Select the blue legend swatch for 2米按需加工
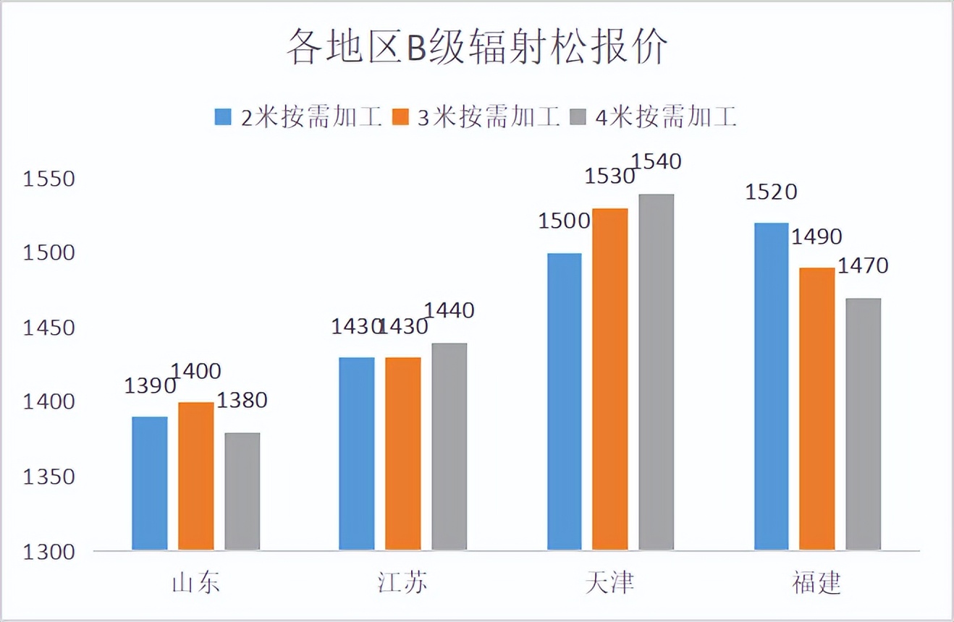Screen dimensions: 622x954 (x=223, y=117)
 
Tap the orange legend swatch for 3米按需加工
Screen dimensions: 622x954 (x=400, y=117)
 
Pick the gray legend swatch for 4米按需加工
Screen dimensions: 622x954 (x=578, y=117)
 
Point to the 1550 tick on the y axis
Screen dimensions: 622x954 (x=49, y=179)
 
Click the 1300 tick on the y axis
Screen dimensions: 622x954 (x=49, y=551)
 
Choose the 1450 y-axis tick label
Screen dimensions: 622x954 (x=49, y=328)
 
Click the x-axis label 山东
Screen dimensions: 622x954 (x=195, y=583)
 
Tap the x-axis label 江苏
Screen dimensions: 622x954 (x=402, y=583)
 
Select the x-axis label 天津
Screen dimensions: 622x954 (x=609, y=583)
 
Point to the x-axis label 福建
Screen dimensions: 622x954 (x=816, y=583)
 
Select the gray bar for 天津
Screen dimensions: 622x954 (x=657, y=372)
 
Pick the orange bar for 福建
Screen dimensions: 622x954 (x=817, y=409)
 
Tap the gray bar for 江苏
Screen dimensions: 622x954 (x=449, y=446)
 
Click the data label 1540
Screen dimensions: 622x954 (x=657, y=161)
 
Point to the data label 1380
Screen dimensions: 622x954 (x=242, y=400)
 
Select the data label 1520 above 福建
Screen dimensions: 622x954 (x=772, y=192)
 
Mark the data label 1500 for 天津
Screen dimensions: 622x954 (x=565, y=221)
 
